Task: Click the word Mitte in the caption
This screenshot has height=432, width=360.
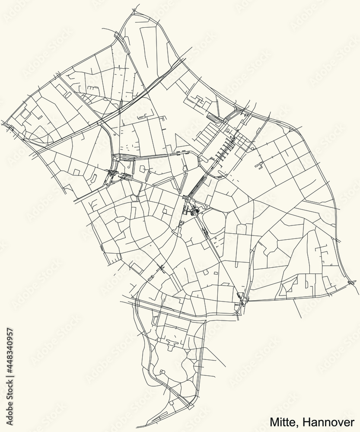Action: coord(281,421)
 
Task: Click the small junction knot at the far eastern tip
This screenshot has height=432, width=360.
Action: coord(352,283)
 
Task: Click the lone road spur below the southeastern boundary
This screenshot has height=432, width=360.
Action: coord(296,309)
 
